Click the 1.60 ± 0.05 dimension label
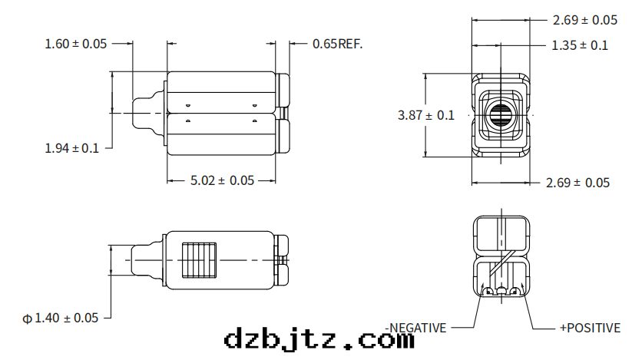pos(76,44)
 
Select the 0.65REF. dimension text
pos(337,44)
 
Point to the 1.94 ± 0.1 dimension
pos(72,148)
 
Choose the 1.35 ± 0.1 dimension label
pos(580,45)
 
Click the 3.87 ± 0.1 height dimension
pos(425,115)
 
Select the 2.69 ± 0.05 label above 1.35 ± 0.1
pos(584,20)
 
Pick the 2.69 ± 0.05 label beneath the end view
pos(577,183)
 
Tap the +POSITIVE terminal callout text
pos(590,328)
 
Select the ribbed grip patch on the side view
pos(199,260)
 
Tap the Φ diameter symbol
pos(28,318)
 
